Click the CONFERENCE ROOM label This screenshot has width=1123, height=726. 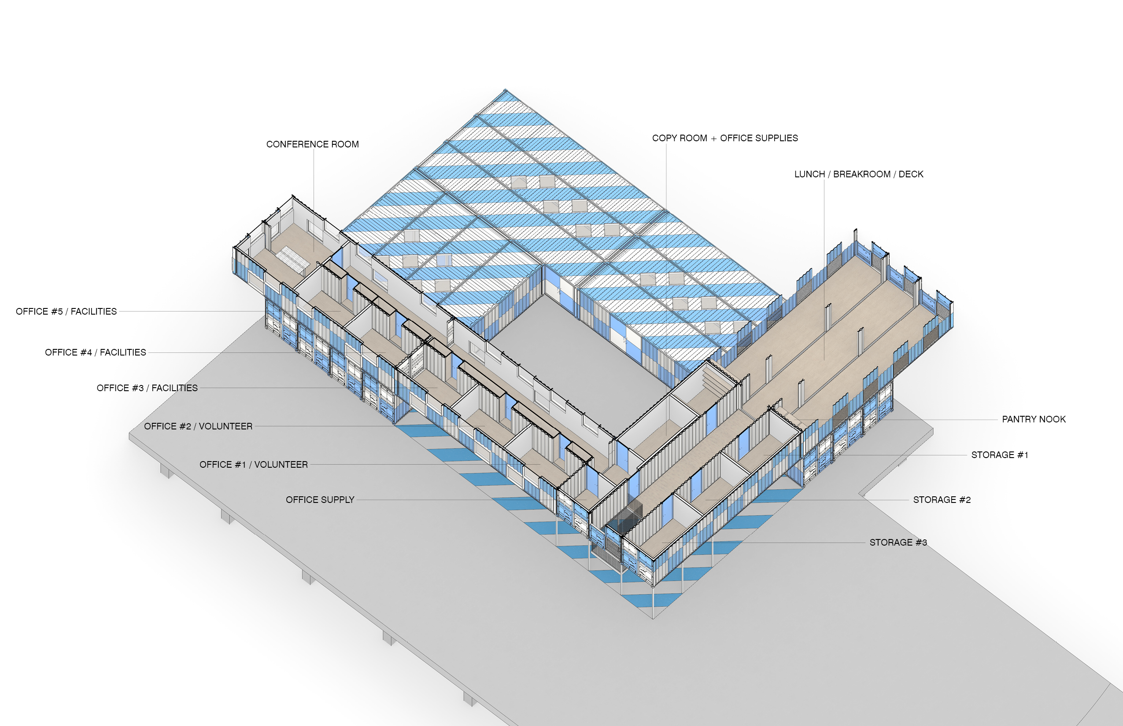(312, 144)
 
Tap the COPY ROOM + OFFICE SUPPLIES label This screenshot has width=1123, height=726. (725, 138)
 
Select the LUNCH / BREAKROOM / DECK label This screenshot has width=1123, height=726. (858, 174)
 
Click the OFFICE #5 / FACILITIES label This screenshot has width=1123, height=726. (66, 312)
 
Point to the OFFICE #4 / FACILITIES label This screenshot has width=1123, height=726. (95, 352)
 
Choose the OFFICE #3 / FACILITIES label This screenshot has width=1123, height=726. (147, 388)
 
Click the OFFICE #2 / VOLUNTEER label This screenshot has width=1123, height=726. (198, 426)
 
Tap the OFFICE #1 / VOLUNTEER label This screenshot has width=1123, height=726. (253, 465)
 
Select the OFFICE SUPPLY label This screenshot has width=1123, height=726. (320, 500)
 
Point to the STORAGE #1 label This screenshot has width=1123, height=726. (999, 455)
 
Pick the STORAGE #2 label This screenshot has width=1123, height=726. (942, 500)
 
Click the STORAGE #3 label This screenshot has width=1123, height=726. (898, 543)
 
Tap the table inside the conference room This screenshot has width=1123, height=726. (292, 260)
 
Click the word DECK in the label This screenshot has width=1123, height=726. (911, 174)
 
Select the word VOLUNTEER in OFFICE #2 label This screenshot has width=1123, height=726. (225, 426)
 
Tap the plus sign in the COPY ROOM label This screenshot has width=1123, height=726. (713, 139)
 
